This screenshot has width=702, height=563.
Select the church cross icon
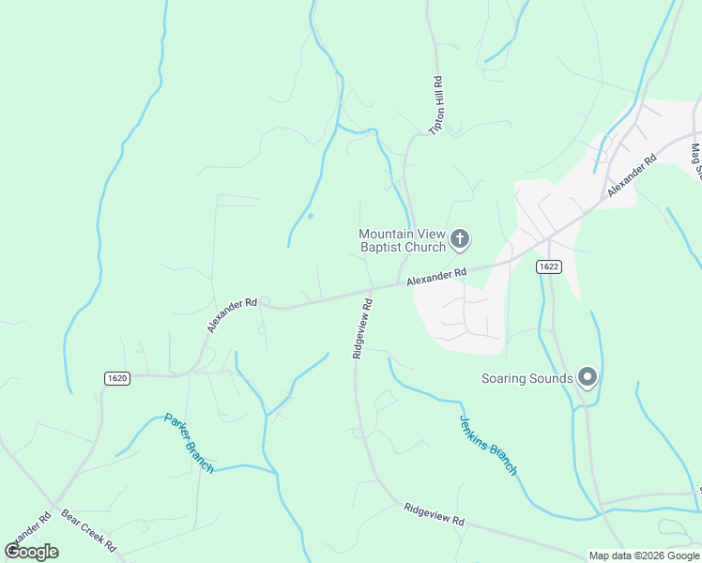pyautogui.click(x=460, y=240)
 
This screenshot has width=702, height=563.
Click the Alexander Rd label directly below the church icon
pyautogui.click(x=435, y=277)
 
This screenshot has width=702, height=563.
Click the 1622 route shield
pyautogui.click(x=549, y=266)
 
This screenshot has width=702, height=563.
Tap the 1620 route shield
pyautogui.click(x=116, y=377)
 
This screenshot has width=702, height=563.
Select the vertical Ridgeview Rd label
pyautogui.click(x=362, y=328)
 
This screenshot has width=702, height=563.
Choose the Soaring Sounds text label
pyautogui.click(x=526, y=378)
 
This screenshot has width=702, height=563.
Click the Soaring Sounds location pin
pyautogui.click(x=588, y=377)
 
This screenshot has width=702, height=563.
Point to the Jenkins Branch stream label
pyautogui.click(x=488, y=445)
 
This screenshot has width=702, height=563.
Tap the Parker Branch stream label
pyautogui.click(x=190, y=443)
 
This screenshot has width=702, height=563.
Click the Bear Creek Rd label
pyautogui.click(x=88, y=530)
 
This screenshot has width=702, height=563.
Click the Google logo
pyautogui.click(x=32, y=551)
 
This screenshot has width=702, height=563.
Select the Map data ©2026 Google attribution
pyautogui.click(x=644, y=555)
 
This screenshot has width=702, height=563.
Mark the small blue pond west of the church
pyautogui.click(x=310, y=217)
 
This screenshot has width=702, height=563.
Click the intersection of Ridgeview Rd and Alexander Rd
pyautogui.click(x=373, y=290)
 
